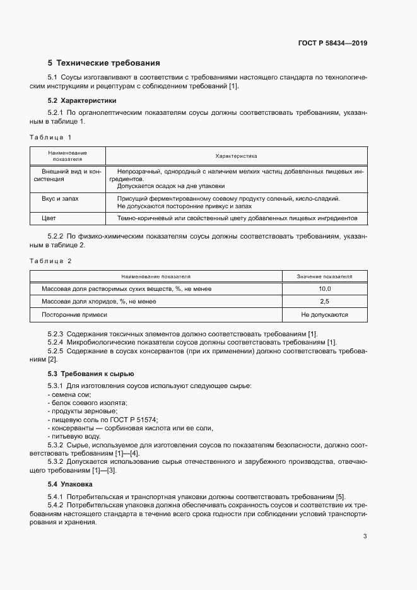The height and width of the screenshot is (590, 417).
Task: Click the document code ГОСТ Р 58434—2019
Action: click(332, 44)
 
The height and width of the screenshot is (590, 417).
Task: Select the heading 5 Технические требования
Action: click(103, 63)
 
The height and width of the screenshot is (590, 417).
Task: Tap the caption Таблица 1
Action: click(50, 137)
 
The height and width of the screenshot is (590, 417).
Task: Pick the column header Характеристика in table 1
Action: click(236, 156)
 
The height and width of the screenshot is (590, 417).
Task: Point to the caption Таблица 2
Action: click(50, 261)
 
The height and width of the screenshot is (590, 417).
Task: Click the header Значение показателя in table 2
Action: click(325, 276)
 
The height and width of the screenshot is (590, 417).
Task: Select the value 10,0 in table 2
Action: click(325, 288)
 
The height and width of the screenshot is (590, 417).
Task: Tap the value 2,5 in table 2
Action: click(325, 301)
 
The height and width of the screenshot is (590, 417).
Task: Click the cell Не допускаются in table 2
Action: click(325, 314)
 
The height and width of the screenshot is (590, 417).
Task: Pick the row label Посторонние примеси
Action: click(74, 314)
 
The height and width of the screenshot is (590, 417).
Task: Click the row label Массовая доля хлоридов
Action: click(98, 301)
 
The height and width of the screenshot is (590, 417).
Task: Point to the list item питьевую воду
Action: click(76, 436)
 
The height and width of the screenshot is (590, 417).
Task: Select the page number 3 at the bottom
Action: click(365, 536)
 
